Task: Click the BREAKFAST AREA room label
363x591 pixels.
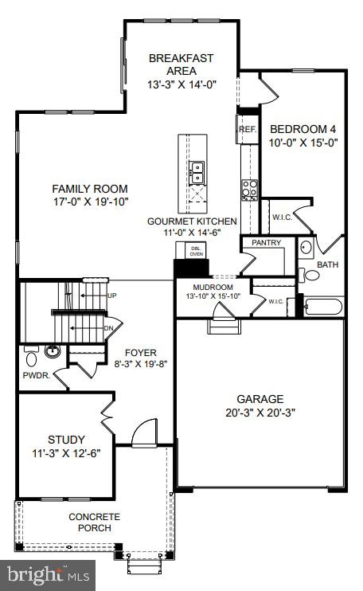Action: (x=181, y=64)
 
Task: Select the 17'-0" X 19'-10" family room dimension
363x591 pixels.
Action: (x=90, y=202)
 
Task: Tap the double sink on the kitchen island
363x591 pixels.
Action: (x=195, y=172)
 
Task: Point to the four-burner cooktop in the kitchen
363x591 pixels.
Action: (x=249, y=189)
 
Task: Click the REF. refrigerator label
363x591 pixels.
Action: (x=246, y=127)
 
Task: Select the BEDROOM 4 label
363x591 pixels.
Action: (x=305, y=129)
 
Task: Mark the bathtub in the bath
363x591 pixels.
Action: (x=322, y=307)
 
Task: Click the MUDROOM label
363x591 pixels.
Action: (x=213, y=287)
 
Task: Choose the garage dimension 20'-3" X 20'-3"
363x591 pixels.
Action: (x=260, y=413)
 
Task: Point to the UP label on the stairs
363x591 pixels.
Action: (x=112, y=295)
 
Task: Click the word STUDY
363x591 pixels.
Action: (x=65, y=440)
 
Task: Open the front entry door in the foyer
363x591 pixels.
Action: (x=145, y=434)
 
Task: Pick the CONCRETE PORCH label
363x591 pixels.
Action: (x=94, y=522)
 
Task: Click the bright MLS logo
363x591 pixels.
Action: (x=48, y=573)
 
